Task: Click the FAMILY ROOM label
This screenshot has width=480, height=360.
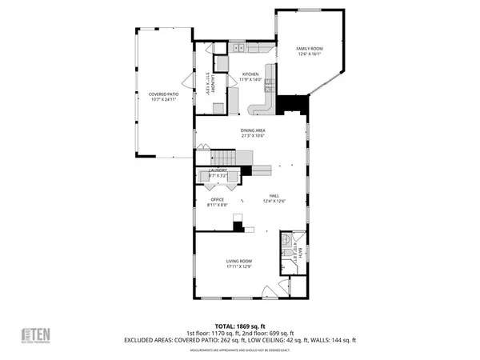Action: (x=309, y=49)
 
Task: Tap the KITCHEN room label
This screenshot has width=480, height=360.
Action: (x=250, y=74)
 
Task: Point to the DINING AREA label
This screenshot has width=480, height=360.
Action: (x=253, y=130)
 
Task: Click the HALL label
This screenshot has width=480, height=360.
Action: (x=274, y=196)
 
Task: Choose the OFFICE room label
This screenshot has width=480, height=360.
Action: (x=217, y=199)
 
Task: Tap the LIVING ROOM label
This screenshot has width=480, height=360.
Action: (x=239, y=261)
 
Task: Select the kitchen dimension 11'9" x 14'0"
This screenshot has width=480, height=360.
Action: (x=250, y=80)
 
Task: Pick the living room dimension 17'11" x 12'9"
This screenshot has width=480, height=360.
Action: (x=239, y=267)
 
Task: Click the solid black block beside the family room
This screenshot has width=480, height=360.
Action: (x=293, y=105)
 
